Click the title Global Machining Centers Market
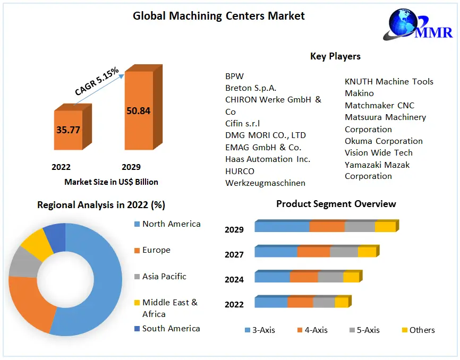(x=218, y=16)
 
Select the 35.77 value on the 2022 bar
(x=68, y=130)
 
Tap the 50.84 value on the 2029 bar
(x=138, y=111)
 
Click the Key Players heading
(x=335, y=56)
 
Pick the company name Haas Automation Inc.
(x=268, y=159)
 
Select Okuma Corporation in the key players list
(x=384, y=141)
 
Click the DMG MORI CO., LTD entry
(x=266, y=135)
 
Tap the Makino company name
(x=360, y=93)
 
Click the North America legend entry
(x=171, y=224)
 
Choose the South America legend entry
(x=171, y=329)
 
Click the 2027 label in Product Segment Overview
(x=234, y=255)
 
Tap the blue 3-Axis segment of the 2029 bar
(x=282, y=227)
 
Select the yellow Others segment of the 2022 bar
(x=341, y=302)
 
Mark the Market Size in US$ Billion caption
(x=111, y=182)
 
